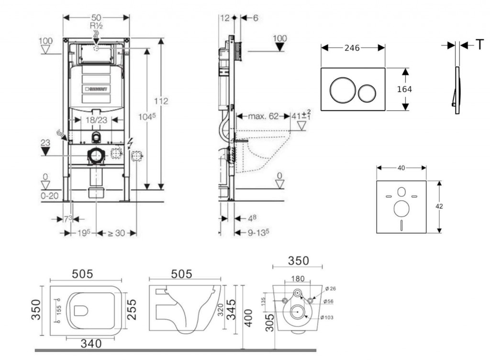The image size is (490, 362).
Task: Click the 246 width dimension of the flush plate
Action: point(352,48)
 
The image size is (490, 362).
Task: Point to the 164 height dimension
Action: point(405,89)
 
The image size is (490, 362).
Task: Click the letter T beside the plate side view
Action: point(479,45)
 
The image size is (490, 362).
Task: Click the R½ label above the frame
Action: point(97,25)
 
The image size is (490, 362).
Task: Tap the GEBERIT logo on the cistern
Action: point(96,89)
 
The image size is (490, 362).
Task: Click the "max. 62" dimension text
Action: point(263,116)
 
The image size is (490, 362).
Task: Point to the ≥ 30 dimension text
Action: point(116,233)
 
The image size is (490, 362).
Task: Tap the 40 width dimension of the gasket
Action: point(401,168)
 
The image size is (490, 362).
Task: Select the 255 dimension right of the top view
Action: point(132,310)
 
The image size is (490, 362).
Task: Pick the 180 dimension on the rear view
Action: point(298,278)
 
